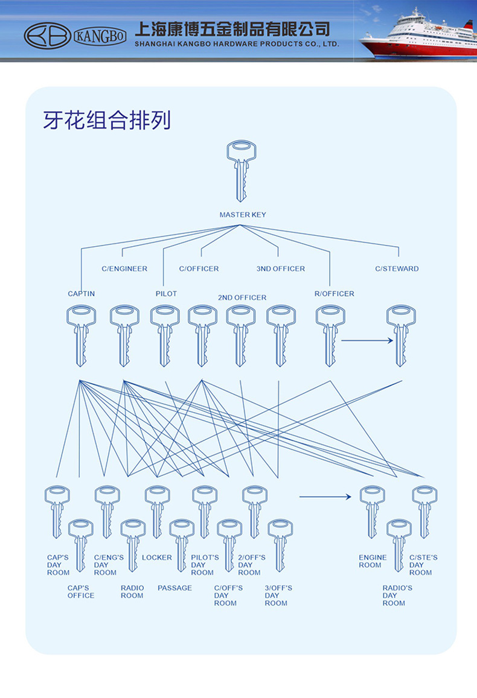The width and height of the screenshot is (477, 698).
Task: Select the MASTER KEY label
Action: click(242, 215)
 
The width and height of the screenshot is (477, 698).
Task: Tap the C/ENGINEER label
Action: click(124, 268)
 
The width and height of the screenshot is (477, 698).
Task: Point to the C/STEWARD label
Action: click(397, 268)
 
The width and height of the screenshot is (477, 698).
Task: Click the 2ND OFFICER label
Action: click(242, 297)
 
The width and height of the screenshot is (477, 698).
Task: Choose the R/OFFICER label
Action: click(334, 294)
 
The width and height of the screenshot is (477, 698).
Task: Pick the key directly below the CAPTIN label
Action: click(82, 335)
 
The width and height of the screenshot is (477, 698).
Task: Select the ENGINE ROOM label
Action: click(373, 561)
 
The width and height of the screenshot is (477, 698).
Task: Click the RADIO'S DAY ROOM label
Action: click(397, 595)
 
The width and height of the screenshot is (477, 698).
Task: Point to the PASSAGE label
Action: click(174, 588)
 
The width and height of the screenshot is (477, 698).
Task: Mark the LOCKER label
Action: click(157, 557)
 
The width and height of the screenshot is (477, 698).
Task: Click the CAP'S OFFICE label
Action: click(80, 592)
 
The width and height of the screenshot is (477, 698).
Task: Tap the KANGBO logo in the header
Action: click(75, 36)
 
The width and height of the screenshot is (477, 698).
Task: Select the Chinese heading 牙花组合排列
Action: click(107, 120)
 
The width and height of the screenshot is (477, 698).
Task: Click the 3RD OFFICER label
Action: click(281, 268)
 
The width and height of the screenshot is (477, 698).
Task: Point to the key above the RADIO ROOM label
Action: click(133, 545)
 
